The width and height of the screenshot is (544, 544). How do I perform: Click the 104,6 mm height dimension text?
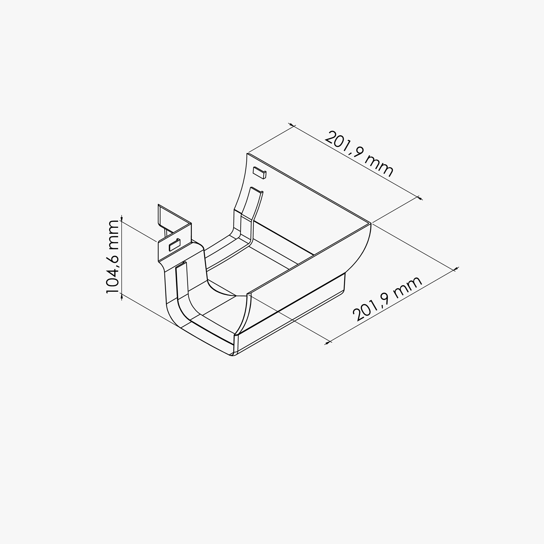coord(113,257)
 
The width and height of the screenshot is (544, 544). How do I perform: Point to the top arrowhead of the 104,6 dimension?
coord(122,219)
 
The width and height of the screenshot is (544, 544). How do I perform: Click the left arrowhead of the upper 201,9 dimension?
coord(291,125)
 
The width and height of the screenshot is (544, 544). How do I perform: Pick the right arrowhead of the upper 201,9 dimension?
coord(420,198)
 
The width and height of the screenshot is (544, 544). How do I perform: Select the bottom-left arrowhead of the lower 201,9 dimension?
coord(328,343)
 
